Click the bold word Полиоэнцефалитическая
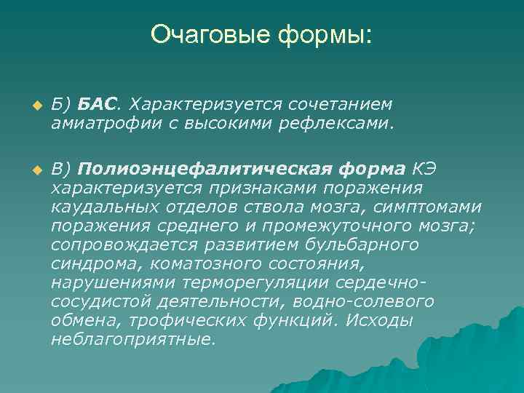[x=208, y=170]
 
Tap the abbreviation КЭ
[x=429, y=170]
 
